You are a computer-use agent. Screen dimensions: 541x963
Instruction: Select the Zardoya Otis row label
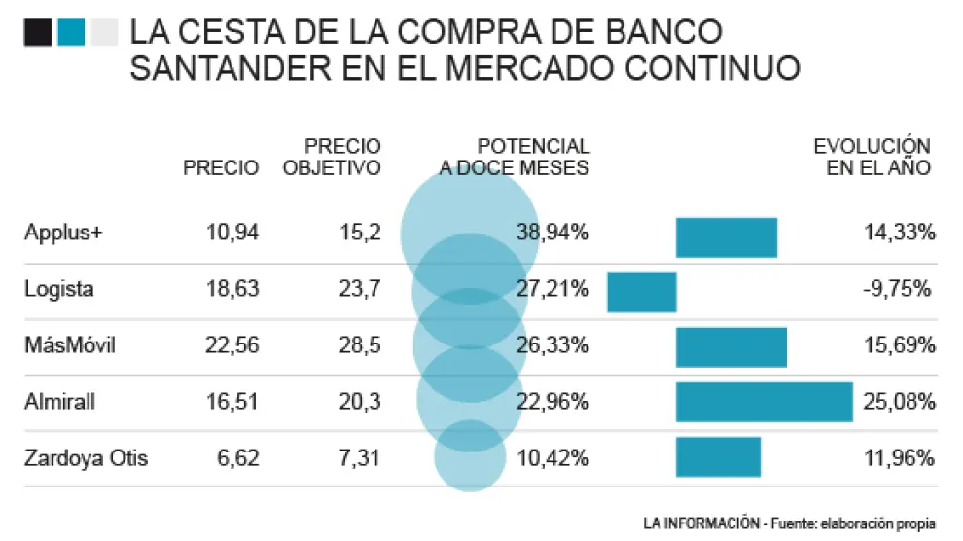tap(87, 456)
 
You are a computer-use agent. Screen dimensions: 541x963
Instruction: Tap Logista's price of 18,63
tap(233, 289)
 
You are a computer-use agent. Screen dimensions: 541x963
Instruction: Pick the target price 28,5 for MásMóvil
tap(356, 345)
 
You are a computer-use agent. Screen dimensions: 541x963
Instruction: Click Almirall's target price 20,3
tap(356, 401)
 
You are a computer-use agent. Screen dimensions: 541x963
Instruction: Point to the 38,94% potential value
tap(553, 233)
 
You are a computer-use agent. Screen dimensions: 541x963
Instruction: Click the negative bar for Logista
tap(641, 292)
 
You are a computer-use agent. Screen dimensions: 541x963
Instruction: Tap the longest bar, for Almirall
tap(764, 402)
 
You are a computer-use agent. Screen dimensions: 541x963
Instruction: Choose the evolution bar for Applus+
tap(726, 237)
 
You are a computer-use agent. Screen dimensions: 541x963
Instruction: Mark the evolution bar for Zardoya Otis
tap(718, 457)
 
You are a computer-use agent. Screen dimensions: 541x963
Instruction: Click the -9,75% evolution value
tap(900, 289)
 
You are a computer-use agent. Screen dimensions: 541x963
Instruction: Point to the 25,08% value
tap(900, 401)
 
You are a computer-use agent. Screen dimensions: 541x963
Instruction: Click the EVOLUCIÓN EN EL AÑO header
tap(872, 157)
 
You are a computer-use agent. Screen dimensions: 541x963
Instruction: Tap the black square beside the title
tap(38, 34)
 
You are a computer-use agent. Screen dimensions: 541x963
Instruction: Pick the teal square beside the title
tap(70, 34)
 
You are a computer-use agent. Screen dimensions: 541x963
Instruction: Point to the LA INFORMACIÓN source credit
tap(699, 523)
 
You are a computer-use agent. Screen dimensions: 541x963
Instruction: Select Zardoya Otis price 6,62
tap(238, 456)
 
